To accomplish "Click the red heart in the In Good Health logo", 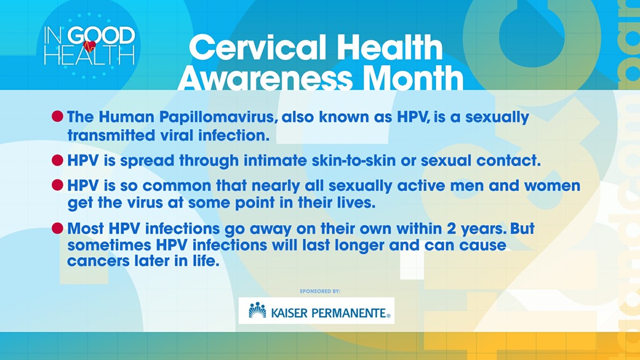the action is (89, 47).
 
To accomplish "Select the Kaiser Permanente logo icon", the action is (258, 311).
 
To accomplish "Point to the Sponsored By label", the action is (320, 291).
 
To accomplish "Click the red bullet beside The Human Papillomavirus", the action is (58, 117).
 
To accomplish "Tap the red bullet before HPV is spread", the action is (58, 160).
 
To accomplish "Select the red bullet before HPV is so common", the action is (58, 185).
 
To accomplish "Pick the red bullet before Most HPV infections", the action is (58, 228).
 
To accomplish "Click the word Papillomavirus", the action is (217, 117).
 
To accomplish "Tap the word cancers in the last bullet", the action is (97, 261).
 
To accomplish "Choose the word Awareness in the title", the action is (264, 78).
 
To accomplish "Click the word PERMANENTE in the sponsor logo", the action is (349, 313).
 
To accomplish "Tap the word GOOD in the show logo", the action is (101, 35).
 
